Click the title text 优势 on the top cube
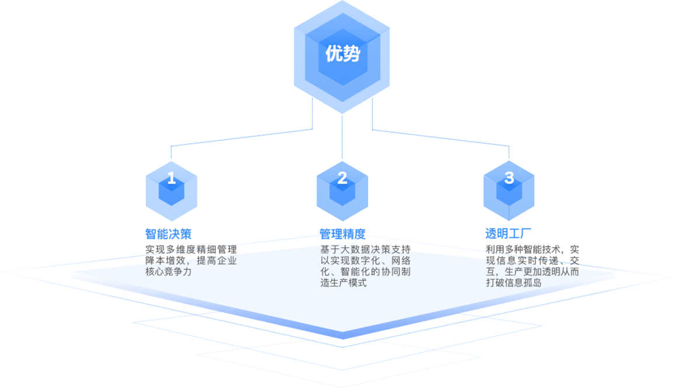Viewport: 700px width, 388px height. pyautogui.click(x=342, y=54)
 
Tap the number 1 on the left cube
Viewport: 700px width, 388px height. pyautogui.click(x=171, y=178)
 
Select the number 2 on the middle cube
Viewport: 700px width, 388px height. pyautogui.click(x=342, y=178)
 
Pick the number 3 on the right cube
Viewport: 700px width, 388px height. pyautogui.click(x=509, y=178)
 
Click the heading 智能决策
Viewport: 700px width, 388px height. pyautogui.click(x=168, y=234)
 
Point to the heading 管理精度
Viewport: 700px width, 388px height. pyautogui.click(x=342, y=235)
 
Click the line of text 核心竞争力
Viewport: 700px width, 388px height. pyautogui.click(x=168, y=272)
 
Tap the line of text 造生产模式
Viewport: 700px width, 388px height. pyautogui.click(x=344, y=283)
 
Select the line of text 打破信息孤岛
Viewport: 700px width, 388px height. pyautogui.click(x=513, y=283)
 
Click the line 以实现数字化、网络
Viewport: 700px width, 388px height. pyautogui.click(x=366, y=260)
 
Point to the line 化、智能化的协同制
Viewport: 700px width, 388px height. pyautogui.click(x=366, y=271)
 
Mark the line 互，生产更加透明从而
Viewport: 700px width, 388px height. pyautogui.click(x=532, y=271)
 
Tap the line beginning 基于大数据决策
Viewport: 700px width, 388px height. pyautogui.click(x=366, y=249)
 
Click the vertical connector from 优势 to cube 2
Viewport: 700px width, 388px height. pyautogui.click(x=342, y=137)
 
